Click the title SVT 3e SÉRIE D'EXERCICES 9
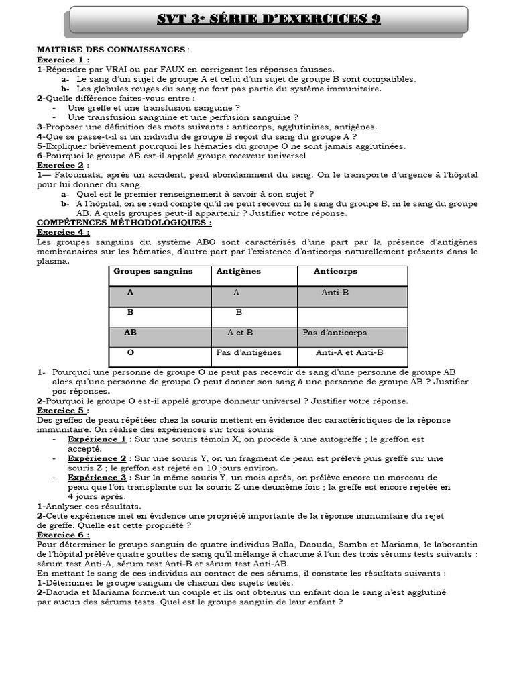point(268,19)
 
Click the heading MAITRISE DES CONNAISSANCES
point(111,50)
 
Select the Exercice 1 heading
point(63,59)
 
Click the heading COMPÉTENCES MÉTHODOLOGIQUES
point(123,222)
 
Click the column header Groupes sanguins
point(153,272)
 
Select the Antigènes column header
point(238,272)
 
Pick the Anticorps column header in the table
point(335,272)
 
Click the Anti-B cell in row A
point(335,293)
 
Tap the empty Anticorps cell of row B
point(352,313)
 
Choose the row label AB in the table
point(130,333)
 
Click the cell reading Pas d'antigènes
point(249,352)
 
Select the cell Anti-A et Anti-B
point(349,352)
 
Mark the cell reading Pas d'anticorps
point(335,333)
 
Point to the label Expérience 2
point(97,458)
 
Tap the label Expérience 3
point(97,478)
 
